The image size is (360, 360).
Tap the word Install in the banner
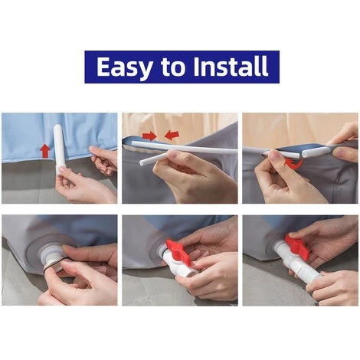pyautogui.click(x=231, y=67)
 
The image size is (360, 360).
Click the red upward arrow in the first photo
pyautogui.click(x=45, y=151)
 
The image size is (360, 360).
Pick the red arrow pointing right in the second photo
pyautogui.click(x=149, y=136)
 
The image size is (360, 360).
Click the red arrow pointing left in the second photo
pyautogui.click(x=172, y=135)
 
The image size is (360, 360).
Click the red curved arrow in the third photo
pyautogui.click(x=295, y=165)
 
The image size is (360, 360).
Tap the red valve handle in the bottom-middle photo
pyautogui.click(x=178, y=251)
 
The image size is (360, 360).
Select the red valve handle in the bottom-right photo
pyautogui.click(x=296, y=246)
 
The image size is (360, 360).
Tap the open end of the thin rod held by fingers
pyautogui.click(x=141, y=162)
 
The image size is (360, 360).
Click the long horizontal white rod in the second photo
pyautogui.click(x=185, y=148)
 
